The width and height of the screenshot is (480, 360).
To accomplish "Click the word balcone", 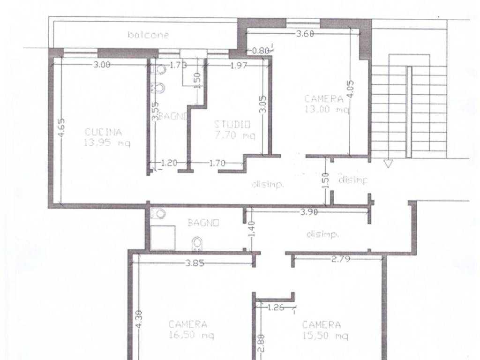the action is pos(148,35).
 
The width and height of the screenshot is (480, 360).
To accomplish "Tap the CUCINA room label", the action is pos(103,132).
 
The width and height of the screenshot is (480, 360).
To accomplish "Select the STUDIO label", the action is pos(232,125).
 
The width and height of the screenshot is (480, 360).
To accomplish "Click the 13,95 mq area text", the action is pos(107,142).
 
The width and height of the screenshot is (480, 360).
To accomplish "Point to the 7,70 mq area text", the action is pos(235,135).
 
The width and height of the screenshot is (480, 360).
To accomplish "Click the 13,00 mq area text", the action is pos(327,109).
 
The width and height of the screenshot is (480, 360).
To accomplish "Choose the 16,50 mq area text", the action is pos(191,335).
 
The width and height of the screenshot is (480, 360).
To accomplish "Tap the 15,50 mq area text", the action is pos(325,336).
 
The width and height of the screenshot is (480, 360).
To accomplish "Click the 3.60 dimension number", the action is pos(305,33).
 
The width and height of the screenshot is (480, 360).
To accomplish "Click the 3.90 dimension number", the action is pos(308,212).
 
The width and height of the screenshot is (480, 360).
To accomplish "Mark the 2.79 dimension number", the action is pos(341,259).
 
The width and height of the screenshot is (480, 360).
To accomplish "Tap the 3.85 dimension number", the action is pos(195,263).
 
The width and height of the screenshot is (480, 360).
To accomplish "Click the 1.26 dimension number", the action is pos(276,307).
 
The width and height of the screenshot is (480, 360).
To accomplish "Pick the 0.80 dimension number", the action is pos(261,51).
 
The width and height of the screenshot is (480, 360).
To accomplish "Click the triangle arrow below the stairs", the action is pos(388,164).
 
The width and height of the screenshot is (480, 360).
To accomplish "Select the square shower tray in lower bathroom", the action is pos(163,238).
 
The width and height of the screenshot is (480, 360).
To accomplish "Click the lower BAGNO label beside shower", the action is pos(203,223).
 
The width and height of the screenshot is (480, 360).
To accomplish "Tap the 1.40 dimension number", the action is pos(251,229).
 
